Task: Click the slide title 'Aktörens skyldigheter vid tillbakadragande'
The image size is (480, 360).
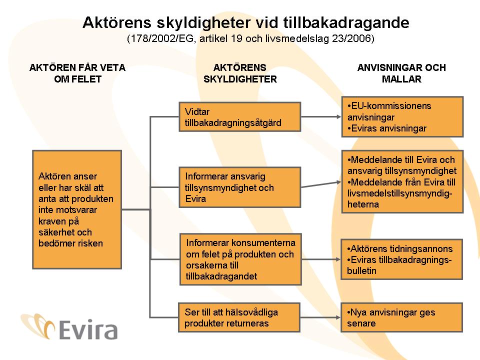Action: click(245, 22)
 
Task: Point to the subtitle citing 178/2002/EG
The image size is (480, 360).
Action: click(250, 38)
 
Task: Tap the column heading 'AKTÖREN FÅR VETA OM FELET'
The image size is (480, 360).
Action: click(77, 73)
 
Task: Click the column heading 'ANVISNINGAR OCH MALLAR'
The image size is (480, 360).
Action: click(401, 73)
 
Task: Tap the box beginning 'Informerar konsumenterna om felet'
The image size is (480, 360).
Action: click(240, 259)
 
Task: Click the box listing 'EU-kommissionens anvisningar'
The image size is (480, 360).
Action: click(402, 117)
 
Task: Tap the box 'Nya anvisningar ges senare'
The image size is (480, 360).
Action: click(402, 317)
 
